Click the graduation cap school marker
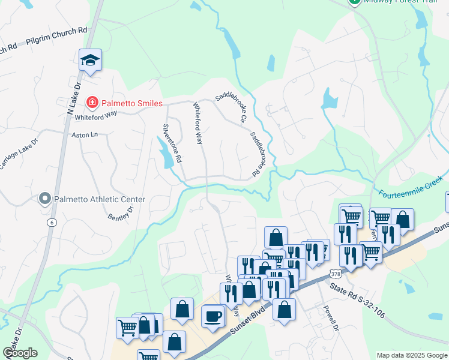tap(90, 60)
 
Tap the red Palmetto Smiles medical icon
tap(92, 103)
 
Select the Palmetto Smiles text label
tap(131, 103)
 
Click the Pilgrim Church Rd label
tap(56, 36)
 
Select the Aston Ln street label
tap(84, 136)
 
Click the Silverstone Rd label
tap(172, 143)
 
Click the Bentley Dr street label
tap(121, 212)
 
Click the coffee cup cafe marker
tap(212, 316)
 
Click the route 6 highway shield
tap(52, 222)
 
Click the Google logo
tap(20, 353)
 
